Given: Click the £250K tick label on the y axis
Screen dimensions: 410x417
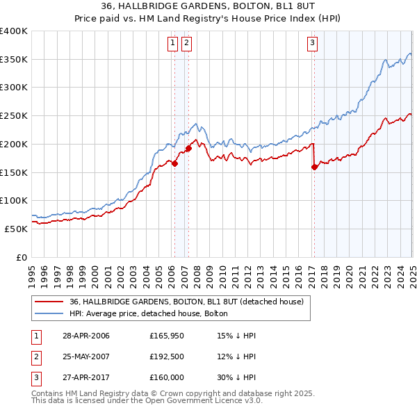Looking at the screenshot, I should coord(14,116).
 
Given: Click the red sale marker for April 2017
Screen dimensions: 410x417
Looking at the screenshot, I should coord(315,167).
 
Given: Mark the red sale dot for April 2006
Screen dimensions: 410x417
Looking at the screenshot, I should coord(175,164).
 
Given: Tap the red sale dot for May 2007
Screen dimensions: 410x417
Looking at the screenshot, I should coord(188,148).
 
